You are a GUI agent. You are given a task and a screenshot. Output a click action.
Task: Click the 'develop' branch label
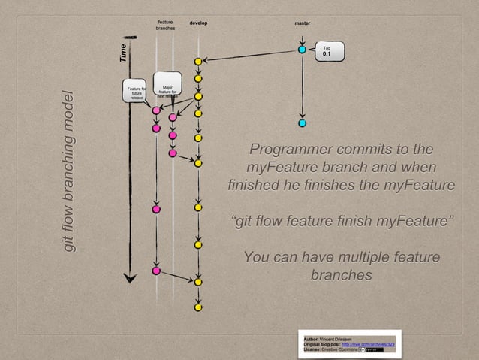point(198,23)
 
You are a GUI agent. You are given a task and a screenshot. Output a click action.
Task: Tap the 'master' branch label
point(302,23)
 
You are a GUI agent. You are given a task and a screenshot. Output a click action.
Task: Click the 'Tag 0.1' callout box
point(329,51)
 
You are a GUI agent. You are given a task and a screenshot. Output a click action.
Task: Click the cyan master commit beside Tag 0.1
point(302,50)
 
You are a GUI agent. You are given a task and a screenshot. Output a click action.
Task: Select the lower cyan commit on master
point(302,123)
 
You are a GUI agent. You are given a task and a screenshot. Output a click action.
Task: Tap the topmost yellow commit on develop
point(198,61)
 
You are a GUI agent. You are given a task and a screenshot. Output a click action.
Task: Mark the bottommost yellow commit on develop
point(198,307)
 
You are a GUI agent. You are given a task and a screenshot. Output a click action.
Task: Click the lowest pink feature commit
point(156,270)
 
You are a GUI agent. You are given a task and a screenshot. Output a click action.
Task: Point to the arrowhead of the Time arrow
point(131,277)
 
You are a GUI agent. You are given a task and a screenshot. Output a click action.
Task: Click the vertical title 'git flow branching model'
point(70,171)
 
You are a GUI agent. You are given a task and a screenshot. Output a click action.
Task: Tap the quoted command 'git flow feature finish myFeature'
point(342,222)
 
